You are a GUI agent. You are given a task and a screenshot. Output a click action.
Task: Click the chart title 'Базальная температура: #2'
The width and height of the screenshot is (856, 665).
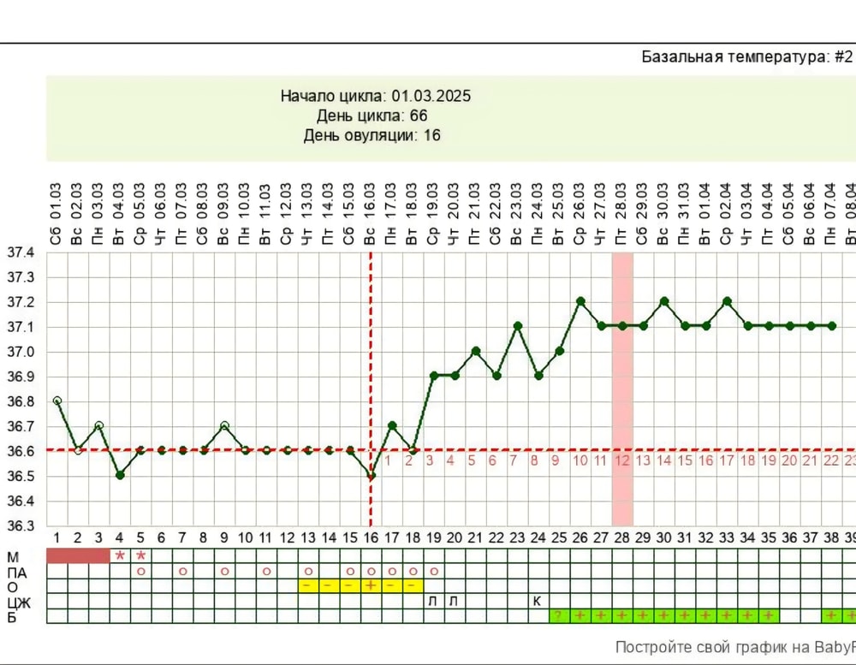pyautogui.click(x=746, y=57)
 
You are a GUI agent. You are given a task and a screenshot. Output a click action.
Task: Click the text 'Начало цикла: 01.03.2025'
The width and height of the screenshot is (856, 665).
pyautogui.click(x=376, y=96)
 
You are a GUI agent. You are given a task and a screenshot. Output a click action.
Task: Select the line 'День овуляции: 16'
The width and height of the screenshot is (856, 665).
pyautogui.click(x=372, y=135)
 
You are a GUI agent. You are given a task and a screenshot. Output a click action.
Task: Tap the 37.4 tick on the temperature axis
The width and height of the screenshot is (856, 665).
pyautogui.click(x=21, y=253)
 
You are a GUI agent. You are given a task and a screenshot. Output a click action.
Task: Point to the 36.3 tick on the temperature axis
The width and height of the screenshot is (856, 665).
pyautogui.click(x=21, y=525)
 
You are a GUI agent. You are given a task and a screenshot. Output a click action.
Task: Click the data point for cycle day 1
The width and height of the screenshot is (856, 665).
pyautogui.click(x=56, y=401)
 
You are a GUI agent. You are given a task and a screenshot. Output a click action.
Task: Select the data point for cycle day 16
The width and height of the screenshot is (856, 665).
pyautogui.click(x=371, y=475)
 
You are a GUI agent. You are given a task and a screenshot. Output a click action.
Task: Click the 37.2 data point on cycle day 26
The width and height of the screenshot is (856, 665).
pyautogui.click(x=580, y=301)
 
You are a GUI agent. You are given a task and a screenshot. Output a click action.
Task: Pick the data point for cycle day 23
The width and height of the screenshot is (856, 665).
pyautogui.click(x=517, y=326)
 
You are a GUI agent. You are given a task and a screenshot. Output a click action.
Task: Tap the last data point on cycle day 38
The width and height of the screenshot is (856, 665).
pyautogui.click(x=832, y=326)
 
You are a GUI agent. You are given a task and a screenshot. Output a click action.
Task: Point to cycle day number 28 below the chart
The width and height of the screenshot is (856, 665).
pyautogui.click(x=622, y=537)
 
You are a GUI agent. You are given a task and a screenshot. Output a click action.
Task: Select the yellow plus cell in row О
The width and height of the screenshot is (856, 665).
pyautogui.click(x=371, y=585)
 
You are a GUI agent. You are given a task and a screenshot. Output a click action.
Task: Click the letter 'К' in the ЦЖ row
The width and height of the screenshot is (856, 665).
pyautogui.click(x=538, y=601)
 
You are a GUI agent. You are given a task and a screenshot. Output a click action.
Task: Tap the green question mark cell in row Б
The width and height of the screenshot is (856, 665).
pyautogui.click(x=559, y=616)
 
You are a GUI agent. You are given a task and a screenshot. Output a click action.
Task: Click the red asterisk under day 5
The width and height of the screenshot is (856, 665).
pyautogui.click(x=140, y=556)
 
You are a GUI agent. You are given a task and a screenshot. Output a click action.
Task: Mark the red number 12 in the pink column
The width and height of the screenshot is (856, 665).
pyautogui.click(x=622, y=460)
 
